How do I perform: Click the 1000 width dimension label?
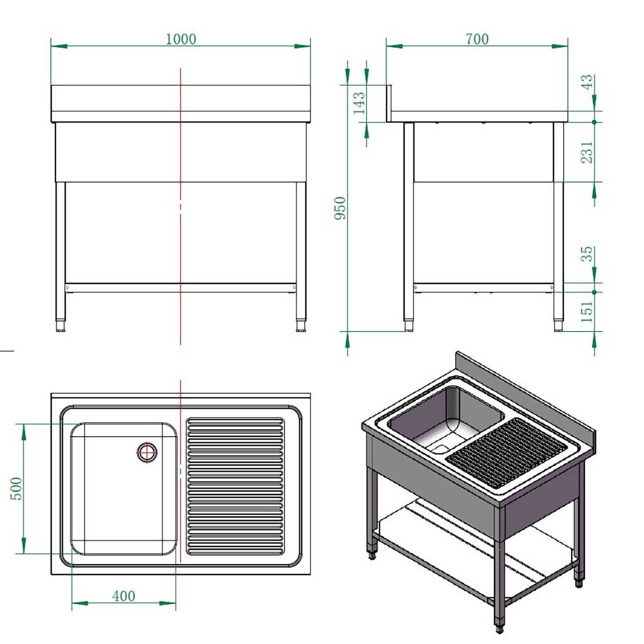tap(181, 39)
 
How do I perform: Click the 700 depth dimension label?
tap(477, 39)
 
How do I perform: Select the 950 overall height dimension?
tap(340, 208)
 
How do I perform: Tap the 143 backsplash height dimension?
tap(359, 103)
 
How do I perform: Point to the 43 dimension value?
tap(588, 82)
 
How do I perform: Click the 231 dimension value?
tap(588, 152)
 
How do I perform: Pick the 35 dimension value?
tap(588, 253)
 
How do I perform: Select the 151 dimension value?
tap(588, 311)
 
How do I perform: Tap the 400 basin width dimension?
tap(123, 596)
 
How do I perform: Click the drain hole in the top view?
tap(147, 452)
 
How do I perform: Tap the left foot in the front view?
tap(61, 326)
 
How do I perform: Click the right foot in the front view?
tap(301, 326)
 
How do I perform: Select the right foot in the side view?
tap(559, 326)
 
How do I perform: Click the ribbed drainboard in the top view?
tap(235, 486)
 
